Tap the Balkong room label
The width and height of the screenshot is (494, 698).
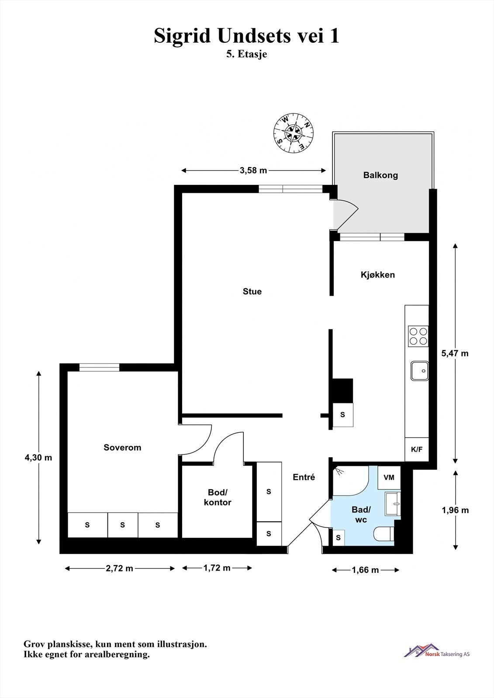coord(380,175)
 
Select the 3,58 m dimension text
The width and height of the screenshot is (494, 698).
coord(253,171)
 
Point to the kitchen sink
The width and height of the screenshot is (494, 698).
coord(419,371)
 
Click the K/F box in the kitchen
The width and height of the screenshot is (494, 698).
coord(417,449)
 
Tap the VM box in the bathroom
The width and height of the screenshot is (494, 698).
coord(389,478)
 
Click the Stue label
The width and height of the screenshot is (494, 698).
coord(252,291)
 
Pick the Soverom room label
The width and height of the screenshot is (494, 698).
coord(122,448)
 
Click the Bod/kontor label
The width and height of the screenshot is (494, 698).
coord(218,497)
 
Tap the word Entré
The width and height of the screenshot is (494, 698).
coord(304,477)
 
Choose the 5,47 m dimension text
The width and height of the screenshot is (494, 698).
coord(455,353)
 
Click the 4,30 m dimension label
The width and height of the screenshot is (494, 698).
coord(38,458)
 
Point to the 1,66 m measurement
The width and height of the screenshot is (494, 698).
coord(365,570)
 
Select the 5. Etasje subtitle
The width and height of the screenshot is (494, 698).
coord(246,55)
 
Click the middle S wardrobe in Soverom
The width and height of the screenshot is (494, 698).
coord(122,525)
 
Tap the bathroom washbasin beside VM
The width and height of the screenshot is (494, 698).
coord(393,503)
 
